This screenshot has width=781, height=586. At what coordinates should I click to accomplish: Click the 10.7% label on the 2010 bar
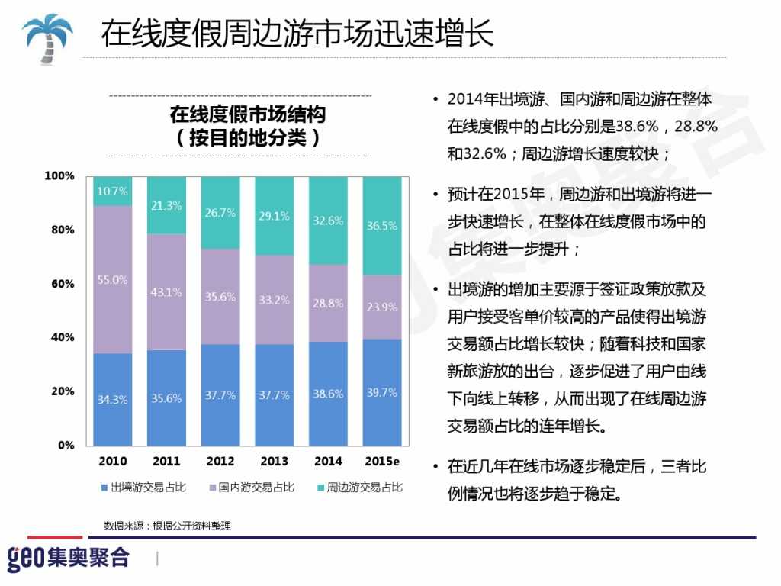pos(112,191)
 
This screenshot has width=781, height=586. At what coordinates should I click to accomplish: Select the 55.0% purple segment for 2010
pos(112,280)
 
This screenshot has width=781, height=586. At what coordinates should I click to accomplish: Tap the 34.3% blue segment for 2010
pos(112,399)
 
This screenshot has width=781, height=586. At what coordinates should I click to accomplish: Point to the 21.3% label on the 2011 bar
pos(166,205)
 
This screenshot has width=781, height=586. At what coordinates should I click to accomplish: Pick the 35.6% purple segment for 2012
pos(220,297)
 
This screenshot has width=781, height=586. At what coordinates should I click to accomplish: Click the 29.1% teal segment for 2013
pos(274,216)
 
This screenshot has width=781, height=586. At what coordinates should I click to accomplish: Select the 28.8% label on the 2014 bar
pos(327,303)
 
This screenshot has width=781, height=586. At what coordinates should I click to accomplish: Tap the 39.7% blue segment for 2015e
pos(381,392)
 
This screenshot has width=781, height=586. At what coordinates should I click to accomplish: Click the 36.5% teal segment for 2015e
pos(381,227)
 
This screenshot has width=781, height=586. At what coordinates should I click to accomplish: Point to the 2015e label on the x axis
pos(381,462)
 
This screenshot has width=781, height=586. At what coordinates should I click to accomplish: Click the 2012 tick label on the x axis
pos(220,462)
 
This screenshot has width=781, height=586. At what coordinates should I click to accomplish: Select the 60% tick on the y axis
pos(61,284)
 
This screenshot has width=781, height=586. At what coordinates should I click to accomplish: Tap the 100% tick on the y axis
pos(59,176)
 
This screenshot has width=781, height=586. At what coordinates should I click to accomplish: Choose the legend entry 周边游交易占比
pos(359,487)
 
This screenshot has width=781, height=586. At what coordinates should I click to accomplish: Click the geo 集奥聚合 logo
pos(69,558)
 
